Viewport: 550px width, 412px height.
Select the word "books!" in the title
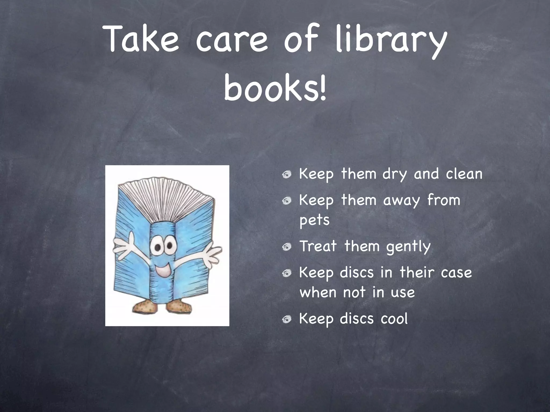(275, 87)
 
